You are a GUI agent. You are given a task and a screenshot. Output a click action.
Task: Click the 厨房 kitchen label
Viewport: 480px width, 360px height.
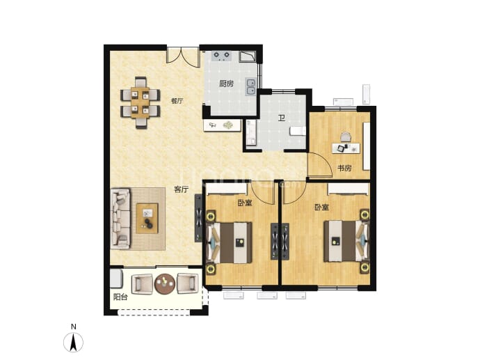[226, 84]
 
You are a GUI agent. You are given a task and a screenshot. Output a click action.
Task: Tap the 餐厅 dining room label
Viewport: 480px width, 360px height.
[177, 101]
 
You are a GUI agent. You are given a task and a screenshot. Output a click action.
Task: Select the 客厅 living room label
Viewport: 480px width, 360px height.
[181, 189]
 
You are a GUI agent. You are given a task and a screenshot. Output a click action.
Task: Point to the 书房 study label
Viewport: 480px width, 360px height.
[344, 168]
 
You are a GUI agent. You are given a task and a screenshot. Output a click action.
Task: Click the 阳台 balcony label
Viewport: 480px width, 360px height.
[120, 297]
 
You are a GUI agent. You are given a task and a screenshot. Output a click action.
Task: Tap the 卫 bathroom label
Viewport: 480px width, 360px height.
[281, 118]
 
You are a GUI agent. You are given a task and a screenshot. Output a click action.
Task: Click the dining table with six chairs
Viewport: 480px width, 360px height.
[141, 102]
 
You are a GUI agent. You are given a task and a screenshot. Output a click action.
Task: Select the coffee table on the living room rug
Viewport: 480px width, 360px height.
[147, 218]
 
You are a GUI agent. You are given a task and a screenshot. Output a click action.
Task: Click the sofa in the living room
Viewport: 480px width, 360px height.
[120, 218]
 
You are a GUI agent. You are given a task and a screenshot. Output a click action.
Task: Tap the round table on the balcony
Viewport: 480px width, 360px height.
[165, 284]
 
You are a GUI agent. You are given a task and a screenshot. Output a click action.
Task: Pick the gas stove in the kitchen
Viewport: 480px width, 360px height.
[222, 56]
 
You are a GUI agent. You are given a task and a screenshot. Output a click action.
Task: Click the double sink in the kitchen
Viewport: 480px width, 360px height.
[250, 87]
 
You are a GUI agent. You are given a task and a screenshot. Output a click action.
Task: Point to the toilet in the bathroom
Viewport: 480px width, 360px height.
[298, 131]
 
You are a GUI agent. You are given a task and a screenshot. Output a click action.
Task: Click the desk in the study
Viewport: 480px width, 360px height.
[346, 148]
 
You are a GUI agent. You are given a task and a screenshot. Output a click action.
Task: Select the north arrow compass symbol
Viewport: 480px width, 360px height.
[73, 342]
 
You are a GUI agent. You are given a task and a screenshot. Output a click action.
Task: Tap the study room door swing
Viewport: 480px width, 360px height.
[320, 166]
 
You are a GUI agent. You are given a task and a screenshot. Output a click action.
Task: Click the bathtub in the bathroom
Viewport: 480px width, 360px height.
[250, 133]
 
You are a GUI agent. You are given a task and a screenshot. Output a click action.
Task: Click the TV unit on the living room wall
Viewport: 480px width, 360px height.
[198, 218]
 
